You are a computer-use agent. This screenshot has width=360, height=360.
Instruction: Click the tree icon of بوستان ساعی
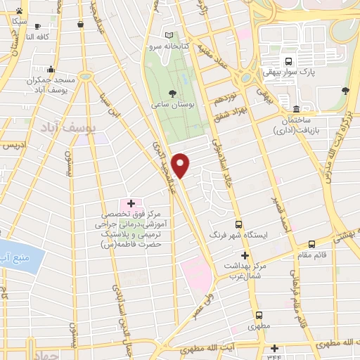(x=172, y=92)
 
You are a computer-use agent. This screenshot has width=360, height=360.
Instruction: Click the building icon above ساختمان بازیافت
(x=297, y=110)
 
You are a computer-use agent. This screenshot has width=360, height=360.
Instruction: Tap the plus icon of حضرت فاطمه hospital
(x=130, y=203)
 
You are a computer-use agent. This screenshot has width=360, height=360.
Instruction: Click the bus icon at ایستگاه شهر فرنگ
(x=238, y=224)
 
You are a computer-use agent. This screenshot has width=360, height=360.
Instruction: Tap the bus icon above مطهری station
(x=259, y=314)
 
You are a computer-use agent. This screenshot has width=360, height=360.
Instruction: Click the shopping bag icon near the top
(x=82, y=25)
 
